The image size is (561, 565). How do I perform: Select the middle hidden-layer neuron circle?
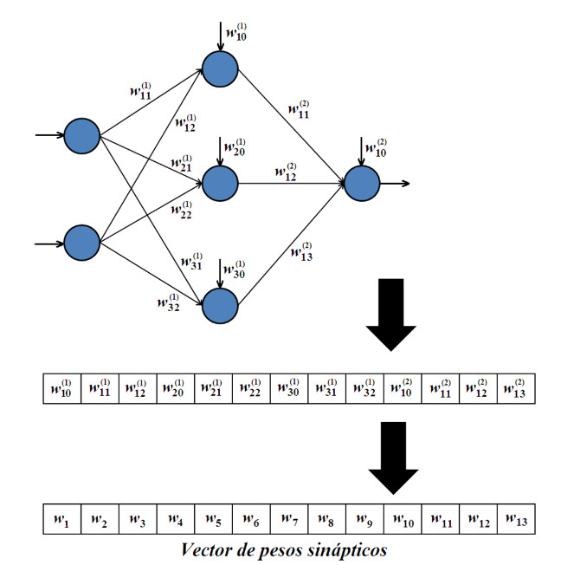pos(221,183)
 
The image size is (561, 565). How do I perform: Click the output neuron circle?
pos(362,183)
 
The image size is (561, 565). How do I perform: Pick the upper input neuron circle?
pos(82,135)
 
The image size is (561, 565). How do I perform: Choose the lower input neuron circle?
pos(82,242)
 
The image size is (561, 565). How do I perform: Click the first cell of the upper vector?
pos(61,387)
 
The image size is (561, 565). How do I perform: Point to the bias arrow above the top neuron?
pos(221,35)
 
